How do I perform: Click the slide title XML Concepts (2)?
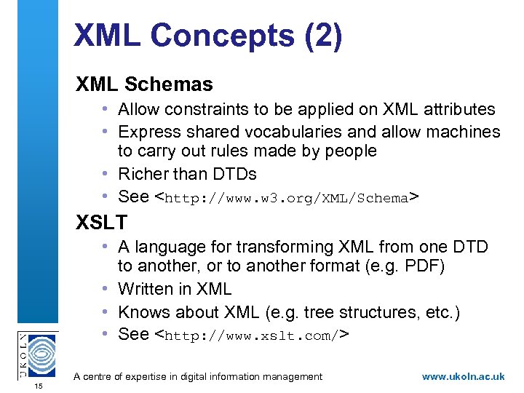pos(207,36)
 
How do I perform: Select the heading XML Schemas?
pos(144,84)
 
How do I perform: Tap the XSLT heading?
pos(101,222)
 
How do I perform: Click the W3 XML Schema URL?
pos(287,198)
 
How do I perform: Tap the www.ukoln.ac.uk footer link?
pos(463,376)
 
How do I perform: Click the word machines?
pos(464,132)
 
